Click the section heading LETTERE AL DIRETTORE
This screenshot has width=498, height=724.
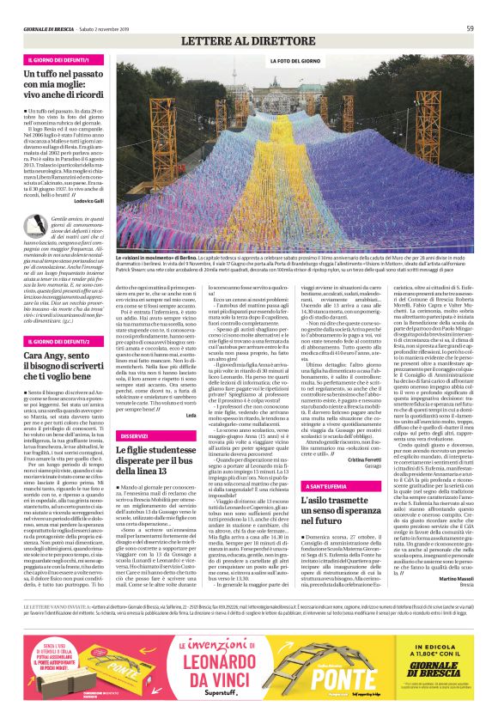[249, 42]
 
